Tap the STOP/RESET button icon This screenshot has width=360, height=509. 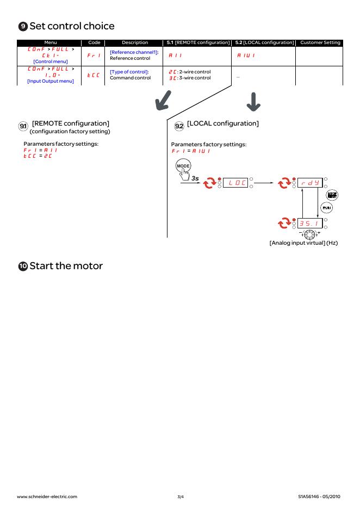(331, 195)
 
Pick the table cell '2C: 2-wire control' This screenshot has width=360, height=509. (188, 71)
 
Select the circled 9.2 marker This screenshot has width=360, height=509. (179, 126)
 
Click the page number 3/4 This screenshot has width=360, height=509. (180, 496)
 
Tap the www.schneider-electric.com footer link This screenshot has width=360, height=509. (47, 496)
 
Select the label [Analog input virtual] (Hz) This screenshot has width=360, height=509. (303, 243)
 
